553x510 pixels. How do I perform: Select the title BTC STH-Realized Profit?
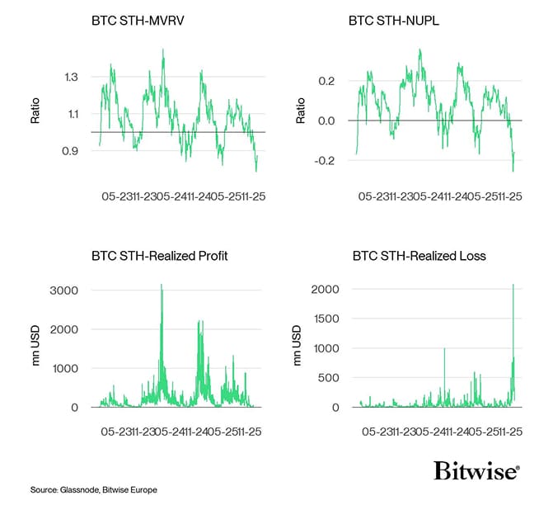159,256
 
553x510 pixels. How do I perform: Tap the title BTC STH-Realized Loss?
419,256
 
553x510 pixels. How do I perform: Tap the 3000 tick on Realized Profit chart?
65,290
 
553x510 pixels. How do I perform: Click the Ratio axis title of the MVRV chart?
35,111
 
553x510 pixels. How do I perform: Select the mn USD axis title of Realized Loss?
298,347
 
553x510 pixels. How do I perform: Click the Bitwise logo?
476,470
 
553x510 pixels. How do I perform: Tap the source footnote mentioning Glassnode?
93,490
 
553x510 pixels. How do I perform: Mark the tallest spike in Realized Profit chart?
161,286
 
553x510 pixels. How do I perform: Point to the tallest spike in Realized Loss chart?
513,286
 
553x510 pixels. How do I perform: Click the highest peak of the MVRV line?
162,50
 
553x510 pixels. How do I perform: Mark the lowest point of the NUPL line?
513,171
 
